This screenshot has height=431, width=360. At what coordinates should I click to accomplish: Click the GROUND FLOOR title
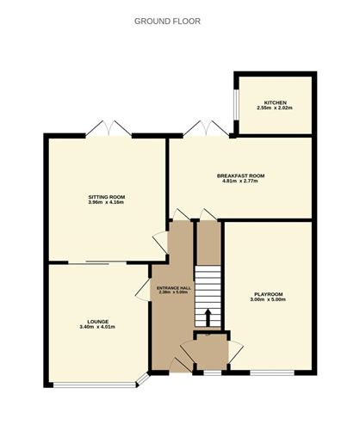tap(167, 22)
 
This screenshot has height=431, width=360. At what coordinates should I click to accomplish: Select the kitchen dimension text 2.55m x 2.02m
tap(275, 108)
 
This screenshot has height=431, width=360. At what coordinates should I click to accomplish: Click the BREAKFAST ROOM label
tap(240, 175)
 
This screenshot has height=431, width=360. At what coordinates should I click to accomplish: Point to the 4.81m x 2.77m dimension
tap(240, 181)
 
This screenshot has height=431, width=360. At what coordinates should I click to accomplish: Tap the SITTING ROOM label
tap(107, 197)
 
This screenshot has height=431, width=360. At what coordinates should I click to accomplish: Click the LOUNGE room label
tap(98, 322)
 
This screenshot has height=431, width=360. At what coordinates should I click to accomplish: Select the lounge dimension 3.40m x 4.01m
tap(97, 327)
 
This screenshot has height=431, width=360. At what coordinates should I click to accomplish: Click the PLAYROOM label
tap(269, 294)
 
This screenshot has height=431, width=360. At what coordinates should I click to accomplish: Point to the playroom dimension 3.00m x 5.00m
tap(268, 299)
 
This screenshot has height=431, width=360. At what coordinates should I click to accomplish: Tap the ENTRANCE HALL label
tap(174, 288)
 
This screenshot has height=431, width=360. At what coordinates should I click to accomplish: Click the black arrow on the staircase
tap(208, 317)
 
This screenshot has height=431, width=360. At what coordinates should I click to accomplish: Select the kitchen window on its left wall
tap(235, 105)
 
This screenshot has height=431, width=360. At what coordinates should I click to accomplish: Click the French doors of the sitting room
tap(109, 128)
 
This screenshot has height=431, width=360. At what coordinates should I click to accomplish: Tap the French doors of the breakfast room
tap(206, 128)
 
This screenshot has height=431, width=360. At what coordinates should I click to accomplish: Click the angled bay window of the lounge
tap(143, 379)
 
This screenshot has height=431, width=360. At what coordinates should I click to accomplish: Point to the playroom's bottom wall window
tap(272, 373)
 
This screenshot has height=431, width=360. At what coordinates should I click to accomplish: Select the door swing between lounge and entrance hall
tap(143, 290)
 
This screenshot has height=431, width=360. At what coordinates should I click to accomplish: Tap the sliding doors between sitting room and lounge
tap(97, 262)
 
